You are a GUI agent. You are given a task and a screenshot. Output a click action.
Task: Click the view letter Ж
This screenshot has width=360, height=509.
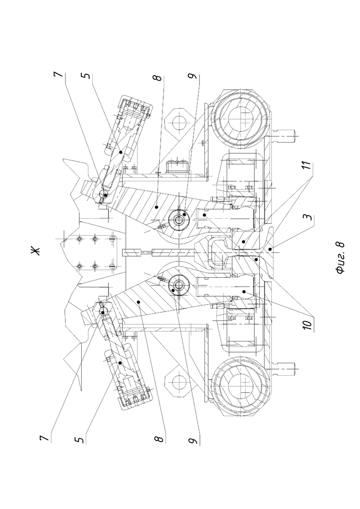[36, 251]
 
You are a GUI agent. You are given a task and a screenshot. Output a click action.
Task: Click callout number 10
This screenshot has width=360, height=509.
[308, 323]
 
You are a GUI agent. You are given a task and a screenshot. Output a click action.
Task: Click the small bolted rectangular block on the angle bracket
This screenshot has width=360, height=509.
[177, 167]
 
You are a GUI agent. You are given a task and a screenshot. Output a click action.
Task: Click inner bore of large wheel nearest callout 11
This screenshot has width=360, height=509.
[240, 119]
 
